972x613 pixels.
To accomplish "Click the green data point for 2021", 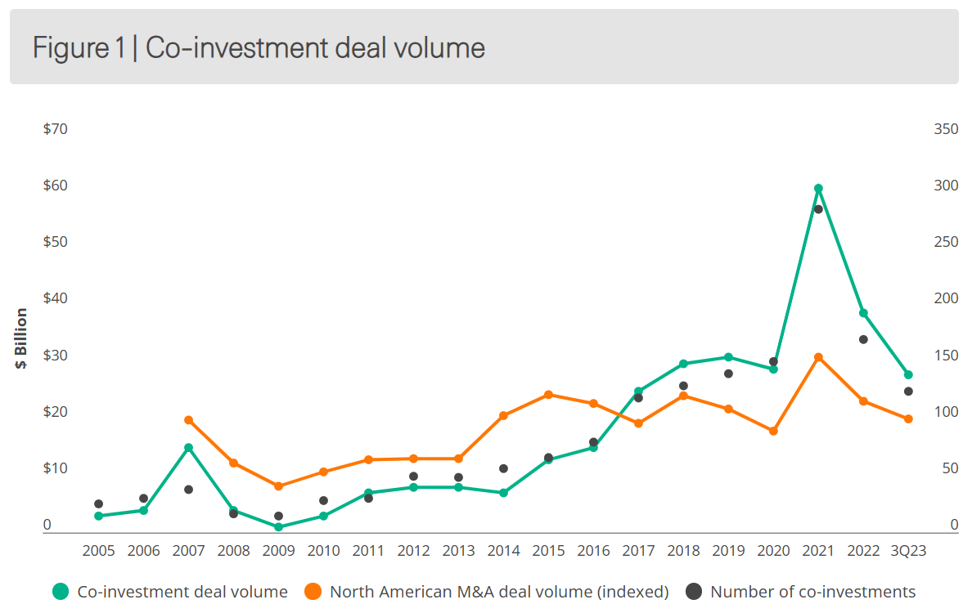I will (818, 189).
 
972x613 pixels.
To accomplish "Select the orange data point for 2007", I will (188, 420).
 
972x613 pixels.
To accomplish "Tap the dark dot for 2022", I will (863, 339).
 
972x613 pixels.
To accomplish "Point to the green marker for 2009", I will (278, 527).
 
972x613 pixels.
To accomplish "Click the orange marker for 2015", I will (548, 395).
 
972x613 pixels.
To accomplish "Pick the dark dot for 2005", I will (98, 504).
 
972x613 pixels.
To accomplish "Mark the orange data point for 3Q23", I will (908, 419).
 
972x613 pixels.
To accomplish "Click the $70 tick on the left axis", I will (55, 129).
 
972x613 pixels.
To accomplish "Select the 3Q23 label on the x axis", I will (908, 551).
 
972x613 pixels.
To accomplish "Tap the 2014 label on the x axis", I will (503, 551).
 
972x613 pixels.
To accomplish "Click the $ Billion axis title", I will (21, 338).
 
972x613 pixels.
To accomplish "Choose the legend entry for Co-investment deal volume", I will (182, 592).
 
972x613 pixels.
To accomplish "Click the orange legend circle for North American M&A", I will (312, 592).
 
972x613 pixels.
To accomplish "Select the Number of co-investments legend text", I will (812, 592).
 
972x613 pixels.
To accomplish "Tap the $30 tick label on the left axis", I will (55, 356).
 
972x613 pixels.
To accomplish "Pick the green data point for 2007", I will (188, 448).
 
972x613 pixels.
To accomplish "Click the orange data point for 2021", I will (818, 358).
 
